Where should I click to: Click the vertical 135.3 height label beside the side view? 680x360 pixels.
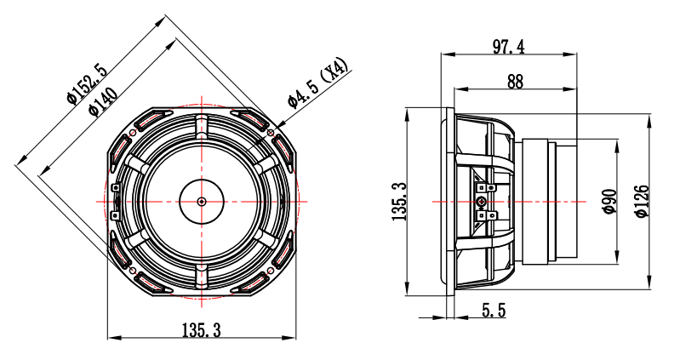400,202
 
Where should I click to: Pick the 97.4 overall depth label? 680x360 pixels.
508,46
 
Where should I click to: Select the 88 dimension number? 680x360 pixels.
514,81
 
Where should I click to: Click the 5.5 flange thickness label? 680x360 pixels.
494,311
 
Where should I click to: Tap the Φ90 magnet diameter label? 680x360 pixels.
609,201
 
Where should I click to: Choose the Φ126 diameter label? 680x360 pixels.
641,201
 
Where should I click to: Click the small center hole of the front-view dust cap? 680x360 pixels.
201,202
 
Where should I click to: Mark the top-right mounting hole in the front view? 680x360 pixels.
271,133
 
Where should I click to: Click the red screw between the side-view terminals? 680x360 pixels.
483,202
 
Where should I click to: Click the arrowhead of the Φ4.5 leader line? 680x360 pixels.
274,129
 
